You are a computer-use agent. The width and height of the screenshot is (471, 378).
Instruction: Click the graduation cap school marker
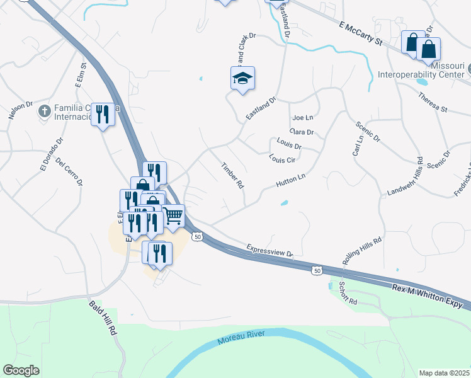[242, 79]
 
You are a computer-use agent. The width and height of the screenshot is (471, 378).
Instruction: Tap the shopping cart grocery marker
[173, 215]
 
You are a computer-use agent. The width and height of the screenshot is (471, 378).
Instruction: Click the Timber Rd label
[232, 176]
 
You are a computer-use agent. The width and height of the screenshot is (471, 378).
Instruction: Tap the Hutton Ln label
[290, 181]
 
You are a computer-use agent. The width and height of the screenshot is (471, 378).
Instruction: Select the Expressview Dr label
[270, 251]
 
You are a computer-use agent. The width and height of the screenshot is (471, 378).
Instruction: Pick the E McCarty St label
[360, 34]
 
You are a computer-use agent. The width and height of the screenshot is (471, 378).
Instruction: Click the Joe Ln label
[303, 118]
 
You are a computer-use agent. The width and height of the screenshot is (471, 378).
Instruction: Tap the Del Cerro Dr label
[69, 171]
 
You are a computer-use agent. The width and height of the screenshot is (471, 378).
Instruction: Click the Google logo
[21, 370]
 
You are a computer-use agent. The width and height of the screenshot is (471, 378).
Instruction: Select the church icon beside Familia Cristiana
[44, 112]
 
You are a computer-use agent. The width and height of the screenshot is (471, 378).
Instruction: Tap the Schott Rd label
[348, 294]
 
